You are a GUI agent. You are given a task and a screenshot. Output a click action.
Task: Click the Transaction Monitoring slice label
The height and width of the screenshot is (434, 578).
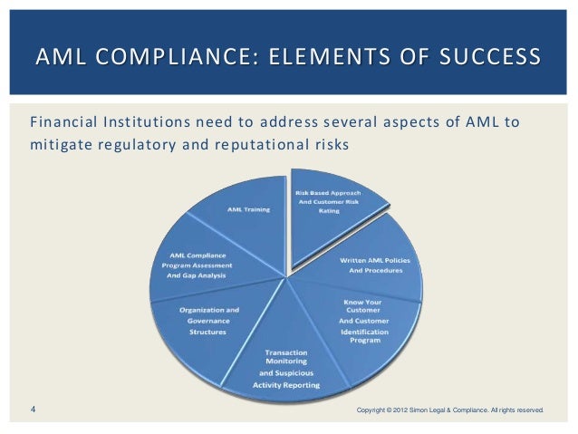[286, 368]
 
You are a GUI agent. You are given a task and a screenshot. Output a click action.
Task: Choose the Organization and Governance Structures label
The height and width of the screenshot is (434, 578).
[209, 321]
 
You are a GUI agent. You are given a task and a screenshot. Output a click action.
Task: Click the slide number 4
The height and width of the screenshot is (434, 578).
[33, 410]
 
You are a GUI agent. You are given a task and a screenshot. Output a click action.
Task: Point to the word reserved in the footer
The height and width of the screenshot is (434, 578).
[528, 411]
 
